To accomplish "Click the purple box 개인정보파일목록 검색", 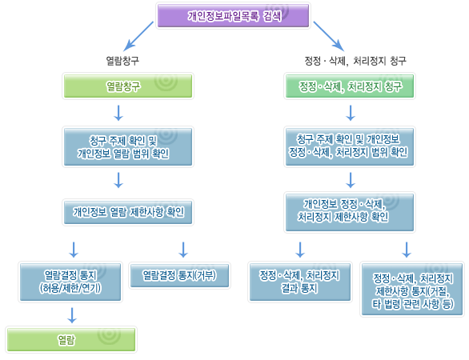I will pos(234,15).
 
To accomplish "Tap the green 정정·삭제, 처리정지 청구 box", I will pos(349,86).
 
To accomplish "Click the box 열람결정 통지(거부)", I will pos(184,274).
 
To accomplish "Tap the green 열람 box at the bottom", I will pos(66,338).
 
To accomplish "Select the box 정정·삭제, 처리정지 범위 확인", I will pos(349,145).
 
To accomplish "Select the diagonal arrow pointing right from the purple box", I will pos(328,36).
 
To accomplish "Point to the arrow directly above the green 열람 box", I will pos(71,315).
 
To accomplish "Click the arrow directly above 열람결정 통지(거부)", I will pos(184,248).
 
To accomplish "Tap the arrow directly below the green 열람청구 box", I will pos(118,110).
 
